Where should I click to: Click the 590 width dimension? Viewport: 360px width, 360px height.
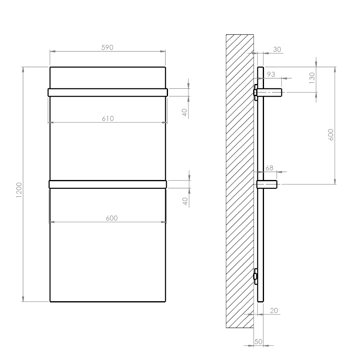[107, 48]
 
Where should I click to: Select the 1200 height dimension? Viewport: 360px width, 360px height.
[19, 190]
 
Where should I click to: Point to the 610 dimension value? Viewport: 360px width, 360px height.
[108, 118]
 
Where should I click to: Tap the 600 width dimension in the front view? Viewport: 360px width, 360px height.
[112, 218]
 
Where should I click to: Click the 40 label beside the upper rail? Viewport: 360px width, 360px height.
[184, 112]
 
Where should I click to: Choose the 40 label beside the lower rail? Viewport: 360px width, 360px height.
[185, 201]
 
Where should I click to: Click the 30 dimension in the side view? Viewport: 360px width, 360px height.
[277, 49]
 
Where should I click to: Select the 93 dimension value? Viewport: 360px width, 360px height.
[271, 74]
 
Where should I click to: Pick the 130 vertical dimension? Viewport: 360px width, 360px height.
[312, 78]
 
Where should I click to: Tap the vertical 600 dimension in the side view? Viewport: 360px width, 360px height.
[331, 135]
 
